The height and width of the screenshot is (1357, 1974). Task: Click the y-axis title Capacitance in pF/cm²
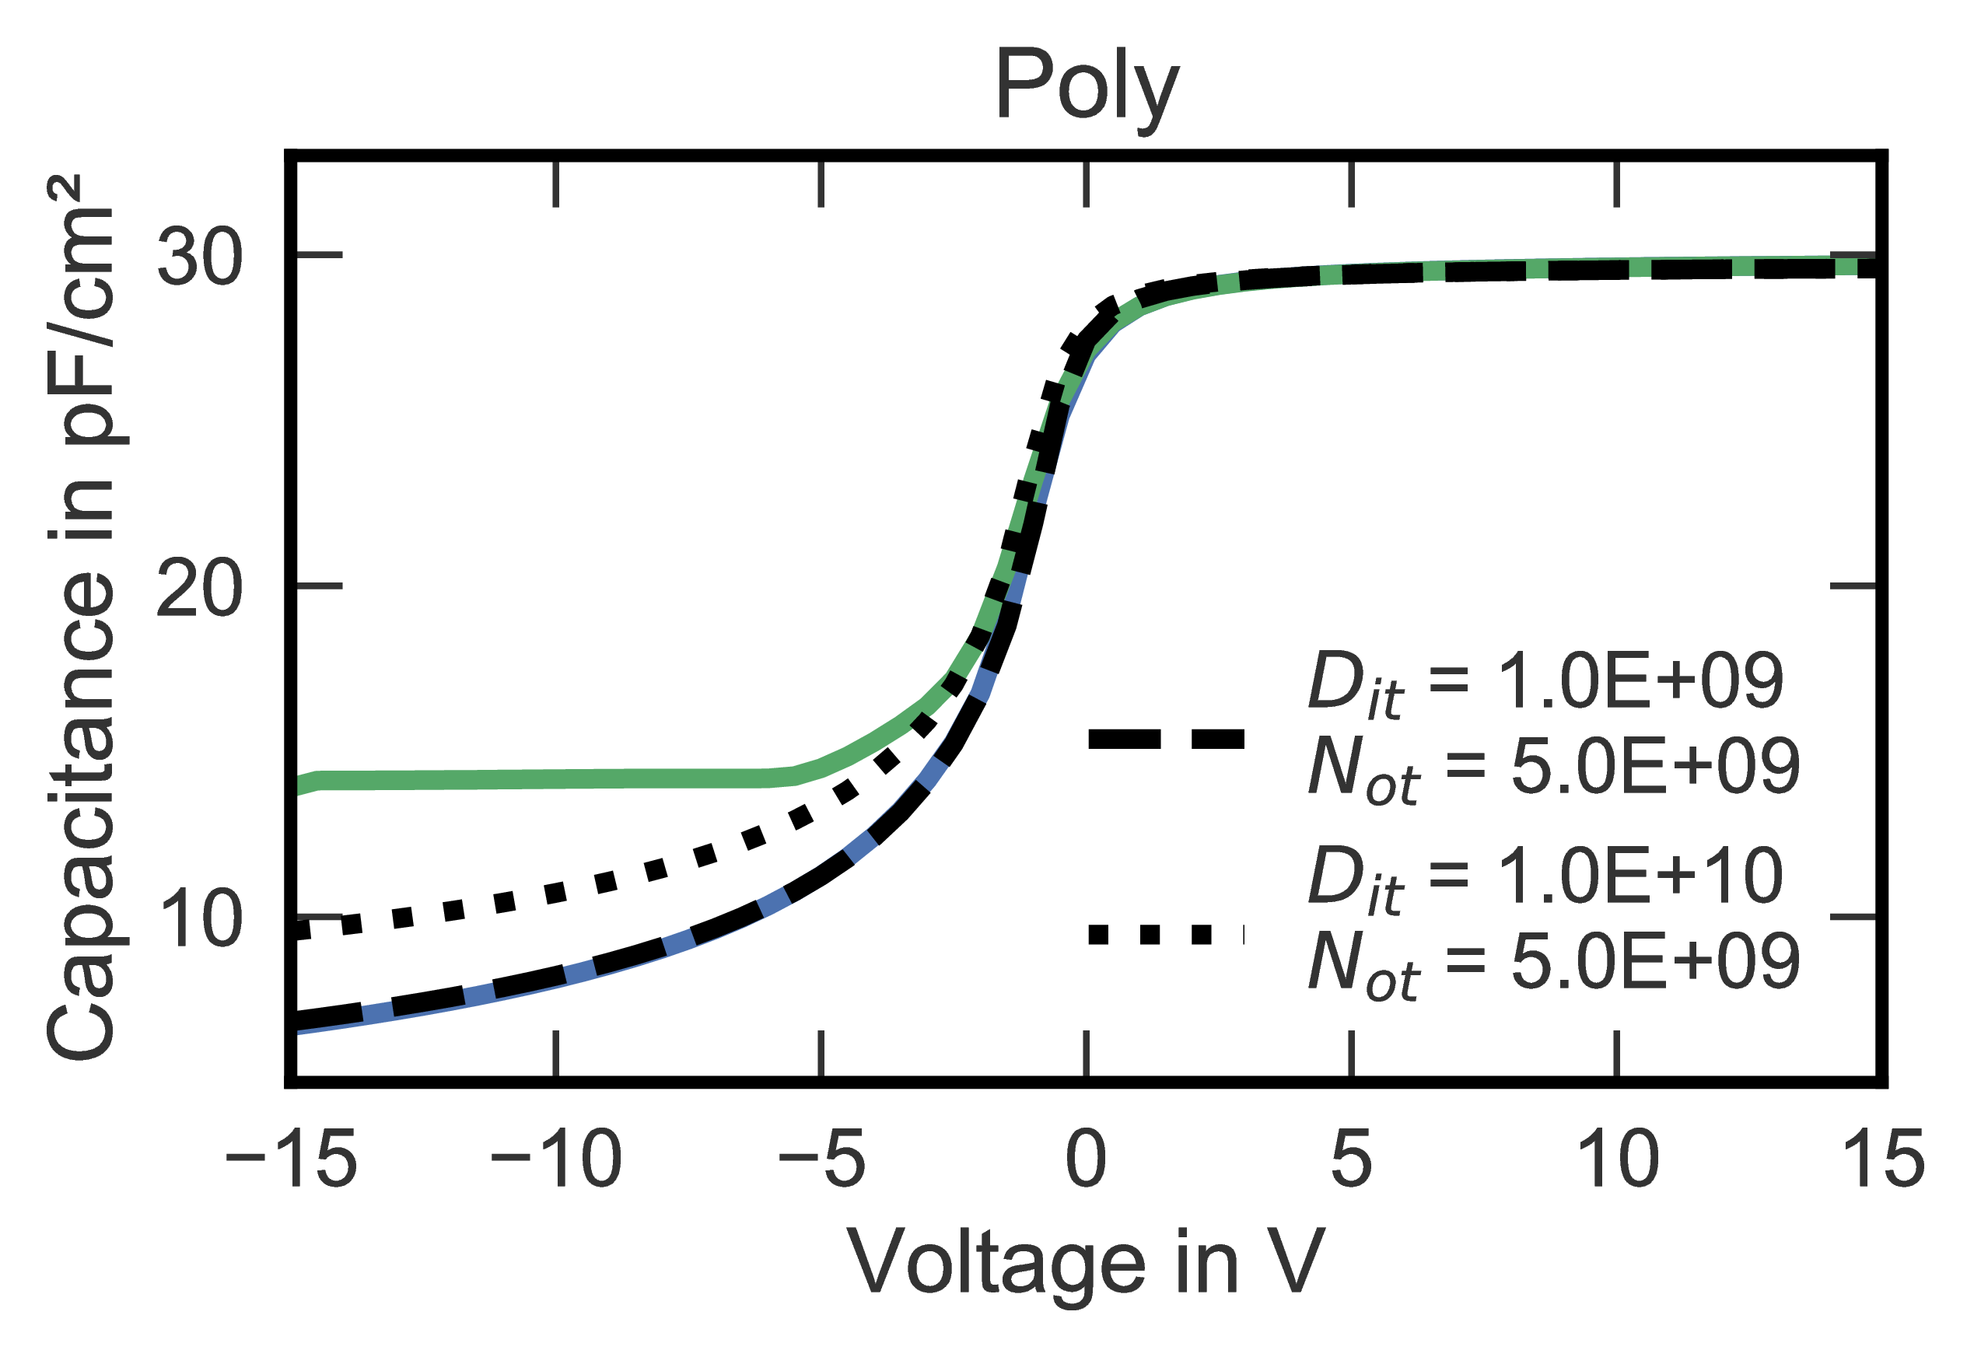pos(80,617)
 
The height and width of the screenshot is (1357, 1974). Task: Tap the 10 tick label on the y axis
pos(201,920)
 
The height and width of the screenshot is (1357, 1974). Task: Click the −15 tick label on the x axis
pos(291,1160)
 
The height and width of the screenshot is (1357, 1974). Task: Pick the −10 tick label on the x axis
pos(556,1160)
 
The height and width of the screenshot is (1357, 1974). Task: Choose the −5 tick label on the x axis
pos(821,1160)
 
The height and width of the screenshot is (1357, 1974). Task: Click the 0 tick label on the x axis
pos(1087,1160)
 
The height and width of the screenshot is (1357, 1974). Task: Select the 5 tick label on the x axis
pos(1352,1160)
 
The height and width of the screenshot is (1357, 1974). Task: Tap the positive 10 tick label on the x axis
pos(1617,1160)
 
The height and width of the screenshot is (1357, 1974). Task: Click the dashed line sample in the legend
pos(1167,739)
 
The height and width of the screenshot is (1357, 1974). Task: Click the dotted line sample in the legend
pos(1167,936)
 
